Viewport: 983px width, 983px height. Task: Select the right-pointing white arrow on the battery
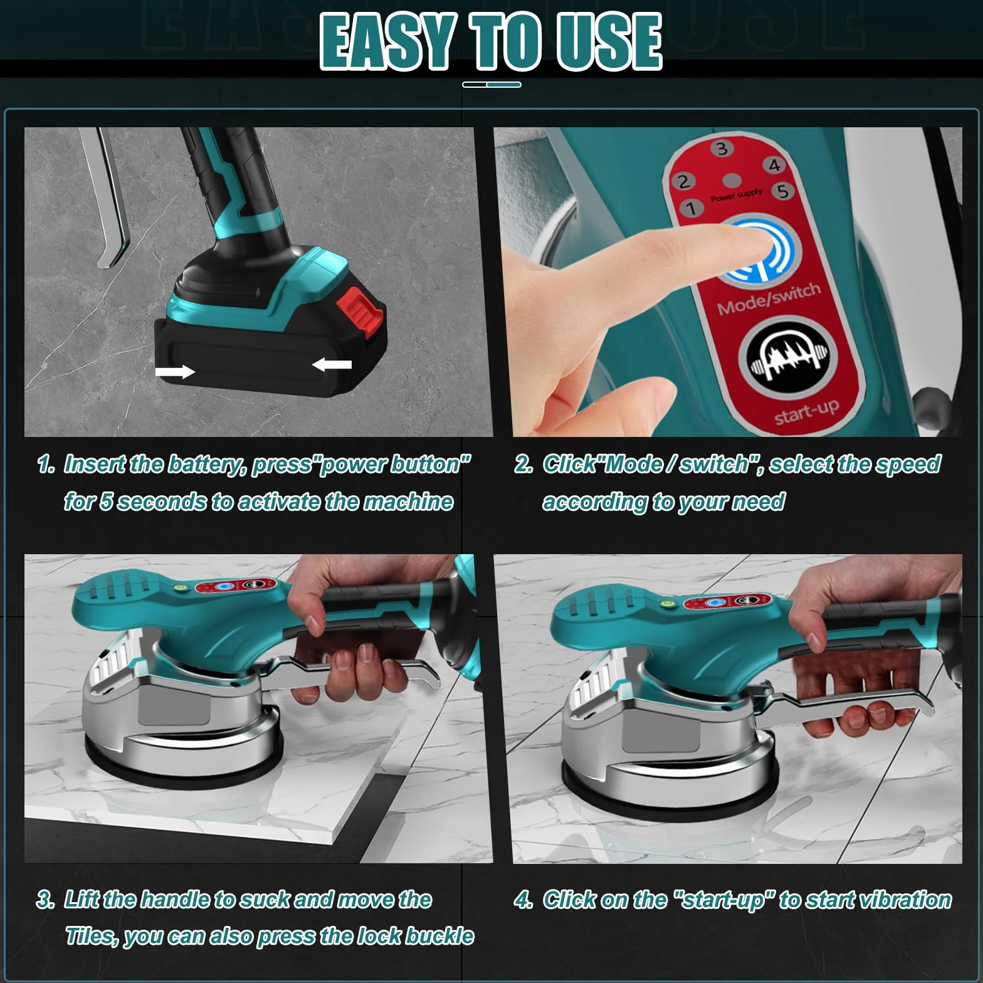[176, 372]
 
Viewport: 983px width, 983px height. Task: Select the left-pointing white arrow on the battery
[332, 364]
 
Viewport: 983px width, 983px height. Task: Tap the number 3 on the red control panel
[722, 149]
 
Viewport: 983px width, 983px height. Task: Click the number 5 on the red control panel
[783, 190]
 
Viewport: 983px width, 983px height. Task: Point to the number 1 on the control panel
[691, 208]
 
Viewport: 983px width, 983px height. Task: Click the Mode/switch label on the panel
[769, 298]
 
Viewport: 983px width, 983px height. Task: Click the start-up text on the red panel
[807, 411]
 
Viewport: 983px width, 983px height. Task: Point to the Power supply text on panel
[737, 195]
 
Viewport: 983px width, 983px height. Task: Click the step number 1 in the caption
[46, 465]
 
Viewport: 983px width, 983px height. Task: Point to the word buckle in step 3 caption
[439, 937]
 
